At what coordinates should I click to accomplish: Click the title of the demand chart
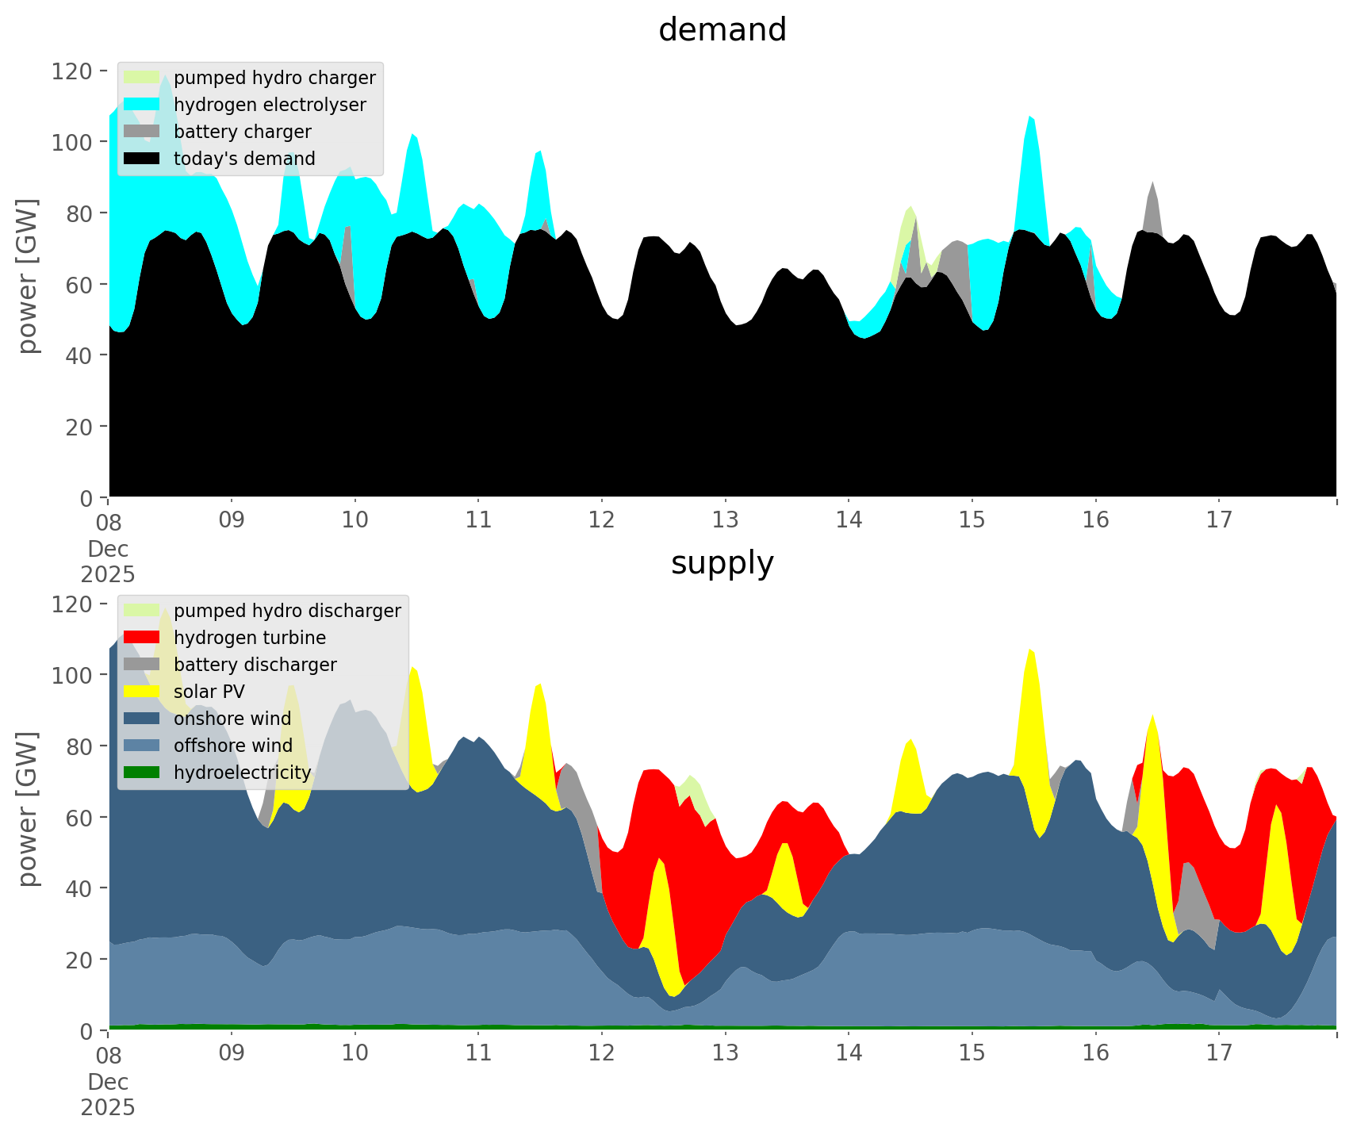[722, 30]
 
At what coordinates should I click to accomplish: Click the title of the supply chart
[722, 563]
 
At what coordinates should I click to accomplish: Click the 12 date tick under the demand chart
[602, 520]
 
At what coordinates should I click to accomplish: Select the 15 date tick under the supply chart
[972, 1053]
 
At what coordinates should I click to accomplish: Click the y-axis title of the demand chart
[28, 275]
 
